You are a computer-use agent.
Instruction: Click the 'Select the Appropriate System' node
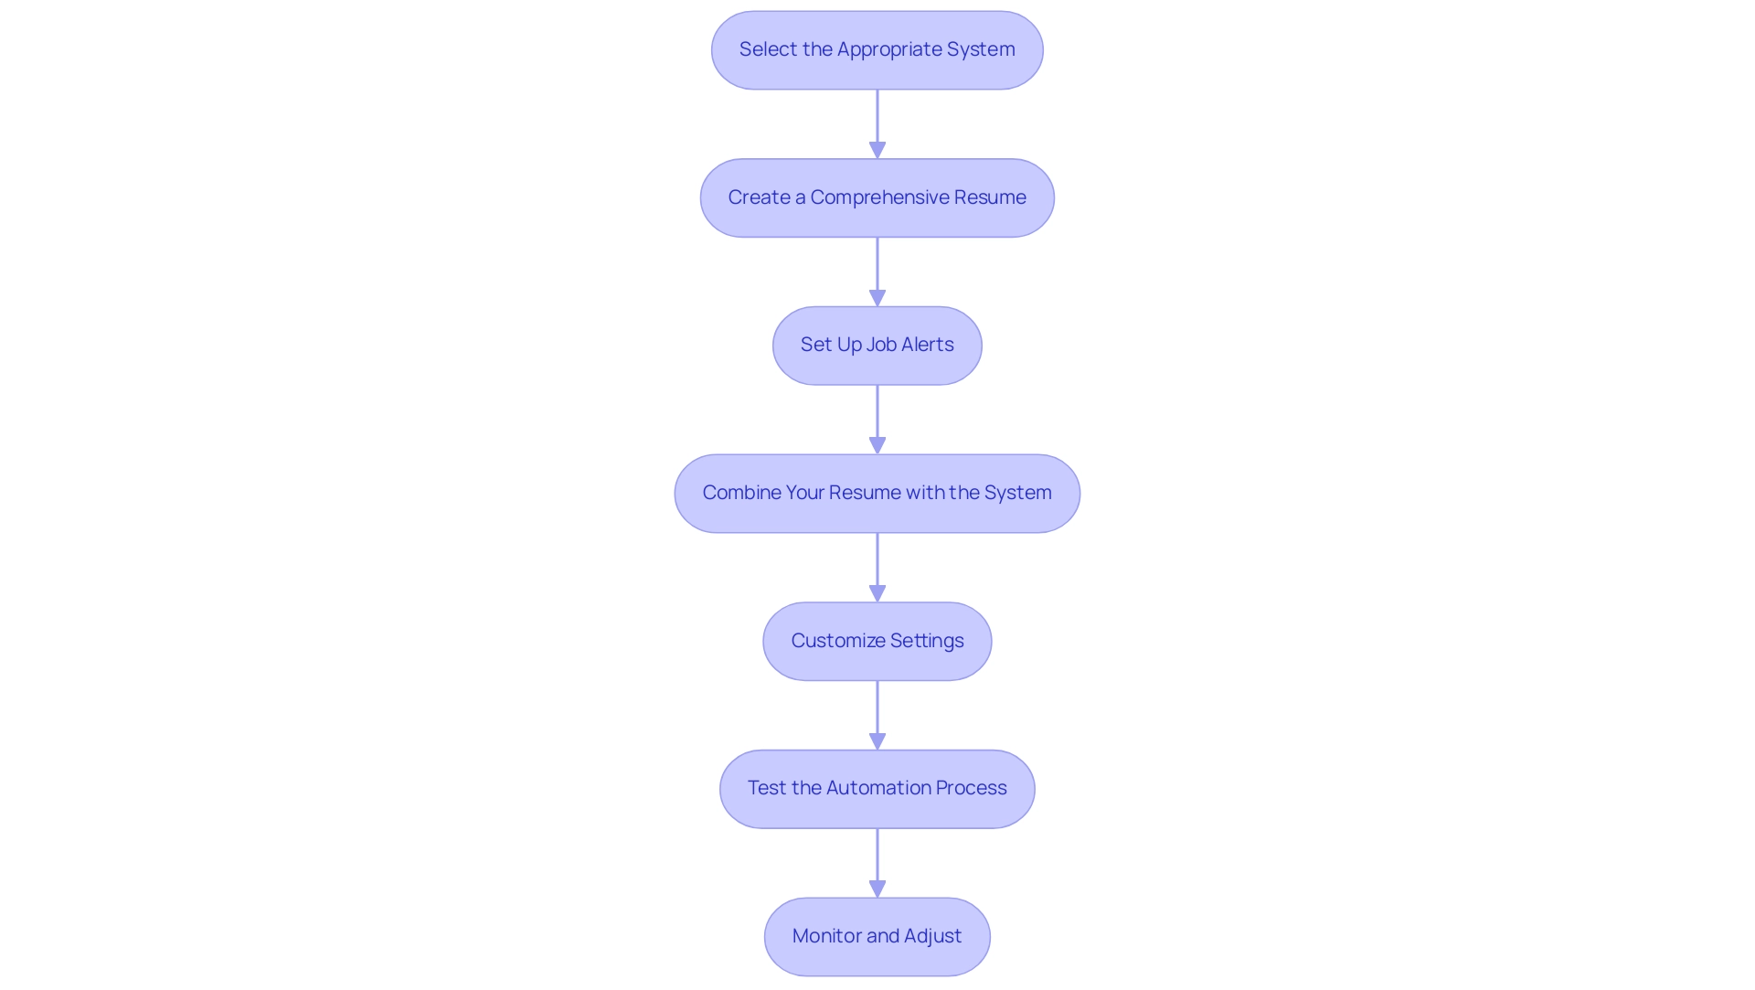point(877,50)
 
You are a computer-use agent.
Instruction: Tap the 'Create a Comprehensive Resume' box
point(877,198)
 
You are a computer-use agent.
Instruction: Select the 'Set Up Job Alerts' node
point(877,346)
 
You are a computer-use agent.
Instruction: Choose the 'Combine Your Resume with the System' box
point(877,494)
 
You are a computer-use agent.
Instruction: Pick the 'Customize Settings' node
point(877,641)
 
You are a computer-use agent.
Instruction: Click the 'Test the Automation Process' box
point(877,789)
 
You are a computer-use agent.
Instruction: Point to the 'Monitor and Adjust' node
point(877,936)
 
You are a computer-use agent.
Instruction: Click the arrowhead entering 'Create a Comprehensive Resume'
point(877,150)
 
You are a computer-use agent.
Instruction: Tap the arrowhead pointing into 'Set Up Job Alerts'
point(877,298)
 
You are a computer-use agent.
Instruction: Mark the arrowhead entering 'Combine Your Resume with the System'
point(877,445)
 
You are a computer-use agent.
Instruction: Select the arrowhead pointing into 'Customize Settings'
point(877,593)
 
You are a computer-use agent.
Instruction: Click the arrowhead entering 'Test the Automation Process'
point(877,741)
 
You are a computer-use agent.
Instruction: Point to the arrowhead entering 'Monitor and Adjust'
point(877,889)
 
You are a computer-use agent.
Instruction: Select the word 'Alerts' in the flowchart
point(927,345)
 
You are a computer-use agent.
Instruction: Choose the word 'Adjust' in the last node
point(932,936)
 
